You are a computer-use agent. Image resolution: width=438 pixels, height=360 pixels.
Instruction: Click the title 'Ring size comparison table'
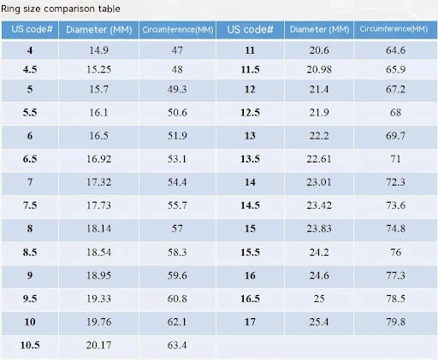coord(61,9)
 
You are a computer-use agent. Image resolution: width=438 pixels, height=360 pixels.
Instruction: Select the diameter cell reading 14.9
coord(98,50)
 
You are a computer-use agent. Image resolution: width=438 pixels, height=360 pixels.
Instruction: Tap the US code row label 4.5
coord(30,69)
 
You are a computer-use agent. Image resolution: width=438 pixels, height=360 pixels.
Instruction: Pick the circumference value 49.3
coord(177,90)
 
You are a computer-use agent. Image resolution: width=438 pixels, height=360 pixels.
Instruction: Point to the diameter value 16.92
coord(98,159)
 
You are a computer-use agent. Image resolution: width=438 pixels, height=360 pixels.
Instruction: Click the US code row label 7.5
coord(30,205)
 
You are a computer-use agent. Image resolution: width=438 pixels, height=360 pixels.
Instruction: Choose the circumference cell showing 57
coord(177,228)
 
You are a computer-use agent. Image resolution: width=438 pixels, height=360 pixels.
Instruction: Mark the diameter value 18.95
coord(98,275)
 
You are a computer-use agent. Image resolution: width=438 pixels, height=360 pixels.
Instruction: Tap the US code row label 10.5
coord(30,345)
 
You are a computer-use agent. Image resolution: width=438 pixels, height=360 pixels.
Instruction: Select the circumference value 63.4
coord(177,345)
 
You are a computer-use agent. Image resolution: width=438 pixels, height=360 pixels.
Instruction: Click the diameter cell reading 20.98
coord(319,69)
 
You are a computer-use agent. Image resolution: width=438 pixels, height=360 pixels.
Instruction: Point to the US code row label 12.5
coord(250,113)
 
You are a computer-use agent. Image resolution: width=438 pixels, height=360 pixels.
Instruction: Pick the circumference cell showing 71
coord(395,159)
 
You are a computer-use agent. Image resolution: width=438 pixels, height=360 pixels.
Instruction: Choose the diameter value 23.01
coord(319,182)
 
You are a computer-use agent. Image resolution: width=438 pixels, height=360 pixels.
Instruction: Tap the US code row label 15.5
coord(250,252)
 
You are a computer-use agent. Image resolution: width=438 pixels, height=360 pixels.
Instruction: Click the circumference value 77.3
coord(395,275)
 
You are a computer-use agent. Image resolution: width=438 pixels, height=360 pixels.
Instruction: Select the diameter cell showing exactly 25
coord(319,298)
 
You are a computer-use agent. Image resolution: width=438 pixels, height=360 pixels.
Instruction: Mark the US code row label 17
coord(250,322)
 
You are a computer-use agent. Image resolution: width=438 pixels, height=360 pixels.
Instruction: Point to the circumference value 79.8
coord(395,322)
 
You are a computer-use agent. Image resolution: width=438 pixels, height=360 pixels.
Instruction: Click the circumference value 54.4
coord(177,182)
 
